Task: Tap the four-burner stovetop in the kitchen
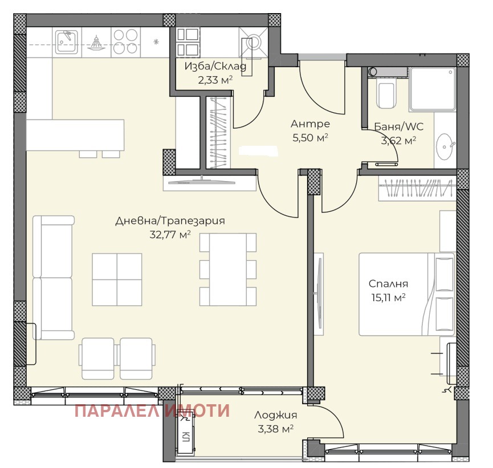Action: (x=125, y=41)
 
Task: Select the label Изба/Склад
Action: (x=215, y=67)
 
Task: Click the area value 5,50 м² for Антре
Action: (x=310, y=137)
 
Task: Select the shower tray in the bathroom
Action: (x=432, y=89)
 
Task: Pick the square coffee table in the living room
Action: (x=117, y=279)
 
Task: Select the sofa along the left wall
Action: (x=53, y=277)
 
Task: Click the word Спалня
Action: (x=388, y=284)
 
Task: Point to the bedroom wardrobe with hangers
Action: (x=417, y=189)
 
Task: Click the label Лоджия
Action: (x=275, y=415)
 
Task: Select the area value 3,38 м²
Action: (x=275, y=429)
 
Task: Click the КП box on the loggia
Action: (x=186, y=436)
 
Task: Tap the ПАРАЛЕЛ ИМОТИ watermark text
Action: (x=152, y=410)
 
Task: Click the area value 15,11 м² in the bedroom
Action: (x=388, y=297)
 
